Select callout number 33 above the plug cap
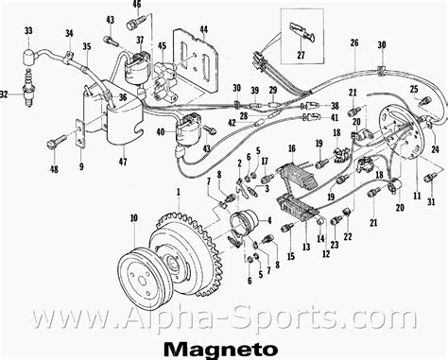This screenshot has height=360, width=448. click(28, 32)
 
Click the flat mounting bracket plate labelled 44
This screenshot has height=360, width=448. click(198, 62)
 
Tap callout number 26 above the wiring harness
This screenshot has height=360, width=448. click(354, 43)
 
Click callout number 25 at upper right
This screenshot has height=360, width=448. click(414, 89)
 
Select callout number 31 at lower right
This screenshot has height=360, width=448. click(430, 201)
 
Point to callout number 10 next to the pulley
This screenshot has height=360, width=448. click(133, 218)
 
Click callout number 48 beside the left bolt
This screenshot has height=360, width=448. click(54, 169)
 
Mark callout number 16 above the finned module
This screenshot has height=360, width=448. click(292, 148)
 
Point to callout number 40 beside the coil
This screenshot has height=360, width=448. click(161, 132)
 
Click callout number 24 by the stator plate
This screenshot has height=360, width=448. click(435, 148)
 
